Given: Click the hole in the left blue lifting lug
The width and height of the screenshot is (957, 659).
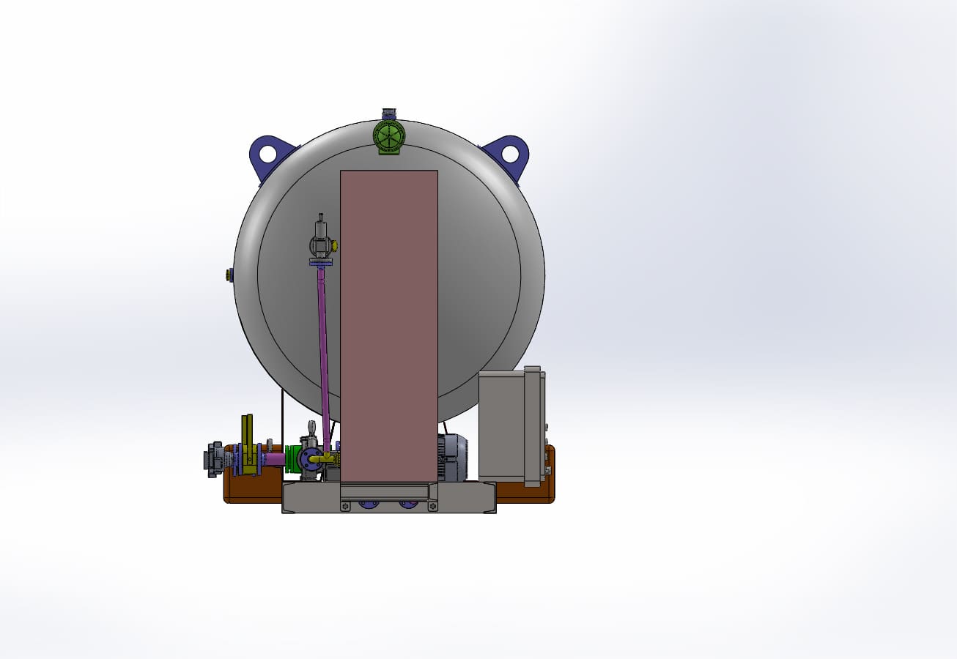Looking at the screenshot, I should [267, 154].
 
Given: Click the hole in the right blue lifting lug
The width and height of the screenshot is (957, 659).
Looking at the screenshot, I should [510, 154].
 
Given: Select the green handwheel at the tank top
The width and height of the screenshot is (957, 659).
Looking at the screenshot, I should [389, 136].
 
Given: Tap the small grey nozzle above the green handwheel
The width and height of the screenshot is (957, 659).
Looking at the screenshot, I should [389, 113].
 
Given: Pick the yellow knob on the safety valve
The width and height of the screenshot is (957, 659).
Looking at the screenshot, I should [334, 245].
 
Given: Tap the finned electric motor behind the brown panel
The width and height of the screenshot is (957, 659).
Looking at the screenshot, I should [452, 458].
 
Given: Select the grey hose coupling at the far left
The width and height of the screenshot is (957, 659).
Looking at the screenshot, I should [215, 460].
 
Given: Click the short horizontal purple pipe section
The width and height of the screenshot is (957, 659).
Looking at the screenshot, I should [274, 459].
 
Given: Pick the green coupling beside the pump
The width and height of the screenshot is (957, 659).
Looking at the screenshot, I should [293, 460].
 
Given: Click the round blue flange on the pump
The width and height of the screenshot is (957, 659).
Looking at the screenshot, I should [311, 458].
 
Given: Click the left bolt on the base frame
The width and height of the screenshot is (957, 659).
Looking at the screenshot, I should [345, 506].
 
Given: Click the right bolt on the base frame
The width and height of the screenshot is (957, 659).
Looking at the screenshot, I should [433, 506].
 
